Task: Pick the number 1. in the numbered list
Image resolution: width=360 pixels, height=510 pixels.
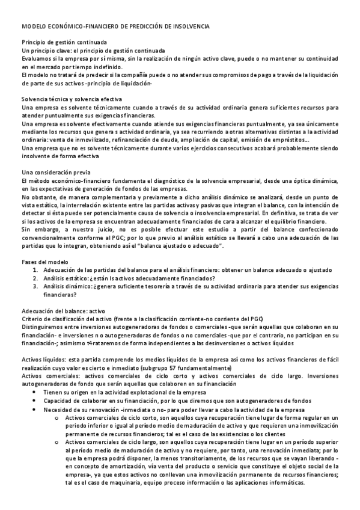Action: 37,270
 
